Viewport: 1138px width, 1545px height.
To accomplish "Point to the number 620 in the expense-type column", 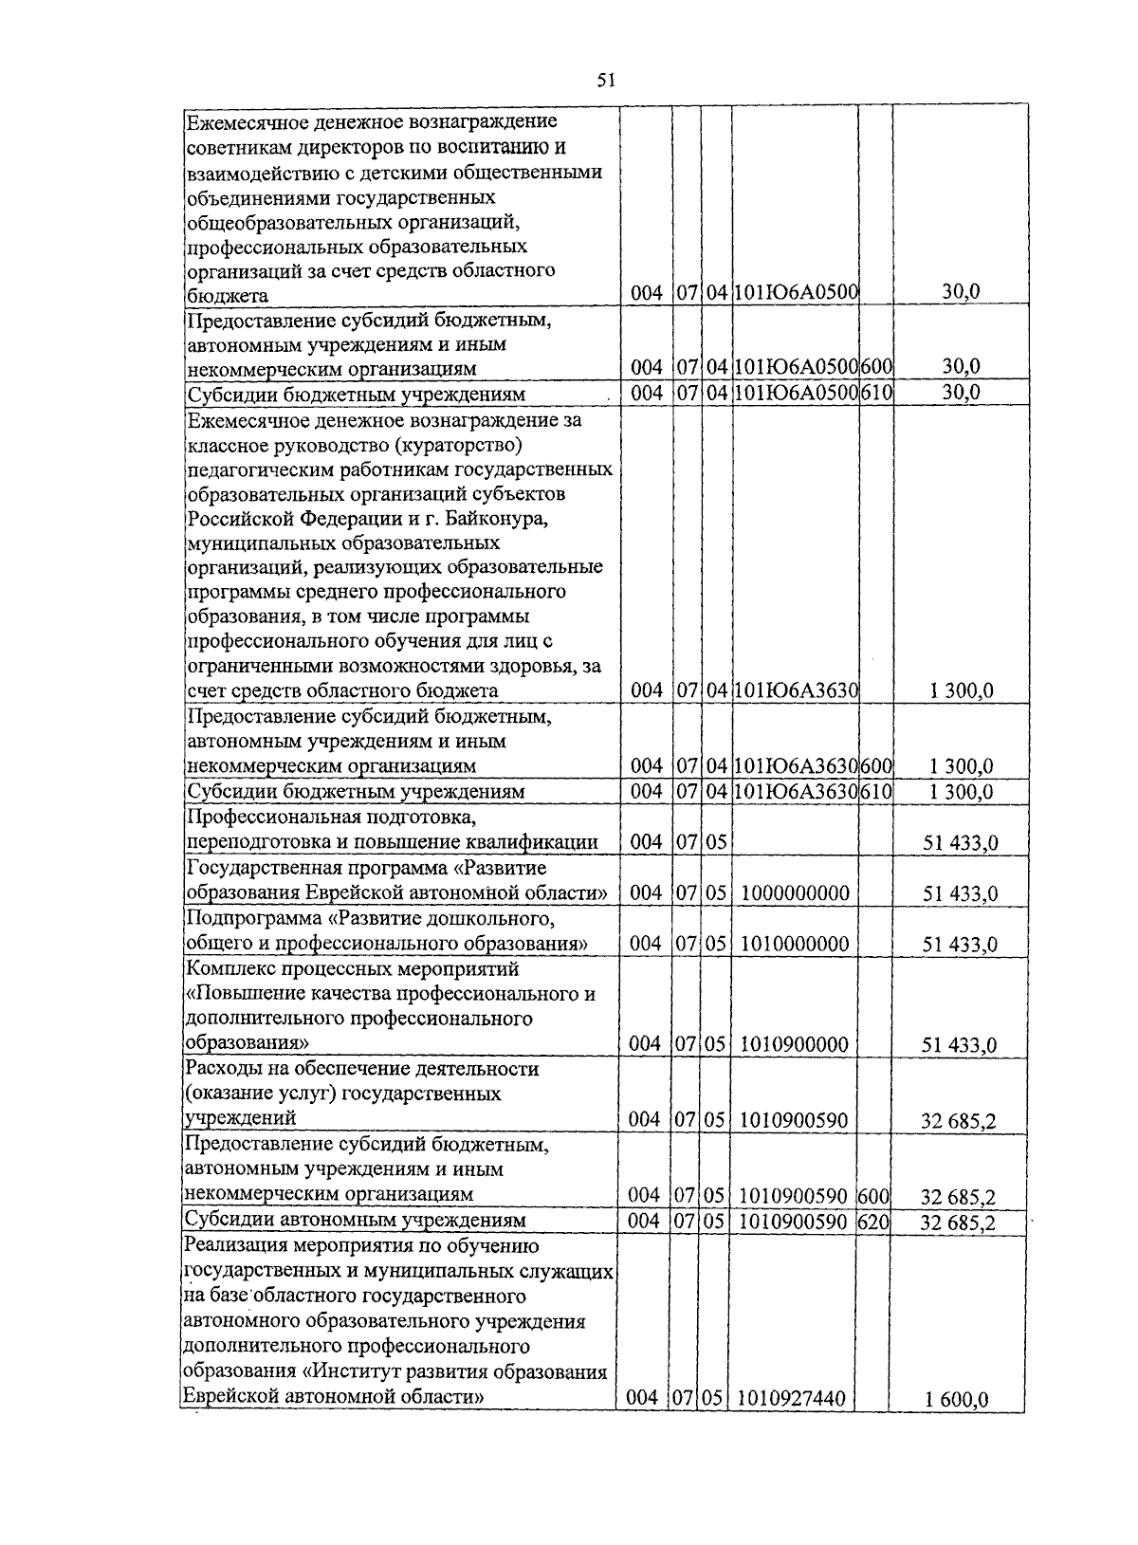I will coord(872,1222).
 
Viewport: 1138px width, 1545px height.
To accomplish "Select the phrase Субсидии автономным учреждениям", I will coord(356,1220).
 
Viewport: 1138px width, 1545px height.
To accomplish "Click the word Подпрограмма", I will coord(250,918).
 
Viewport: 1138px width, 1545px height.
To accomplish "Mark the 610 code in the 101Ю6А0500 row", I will coord(876,393).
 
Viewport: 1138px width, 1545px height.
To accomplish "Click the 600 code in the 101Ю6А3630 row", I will coord(876,765).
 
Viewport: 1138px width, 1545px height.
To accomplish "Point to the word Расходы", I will coord(220,1069).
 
